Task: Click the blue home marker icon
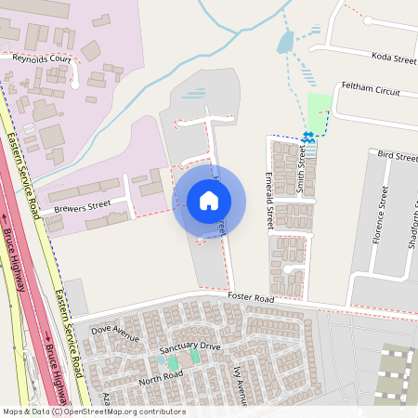coord(209,201)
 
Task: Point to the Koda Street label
coord(393,59)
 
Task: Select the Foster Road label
coord(251,299)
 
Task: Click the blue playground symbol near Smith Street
coord(307,137)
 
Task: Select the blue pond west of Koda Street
coord(285,42)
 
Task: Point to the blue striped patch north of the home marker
coord(194,93)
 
